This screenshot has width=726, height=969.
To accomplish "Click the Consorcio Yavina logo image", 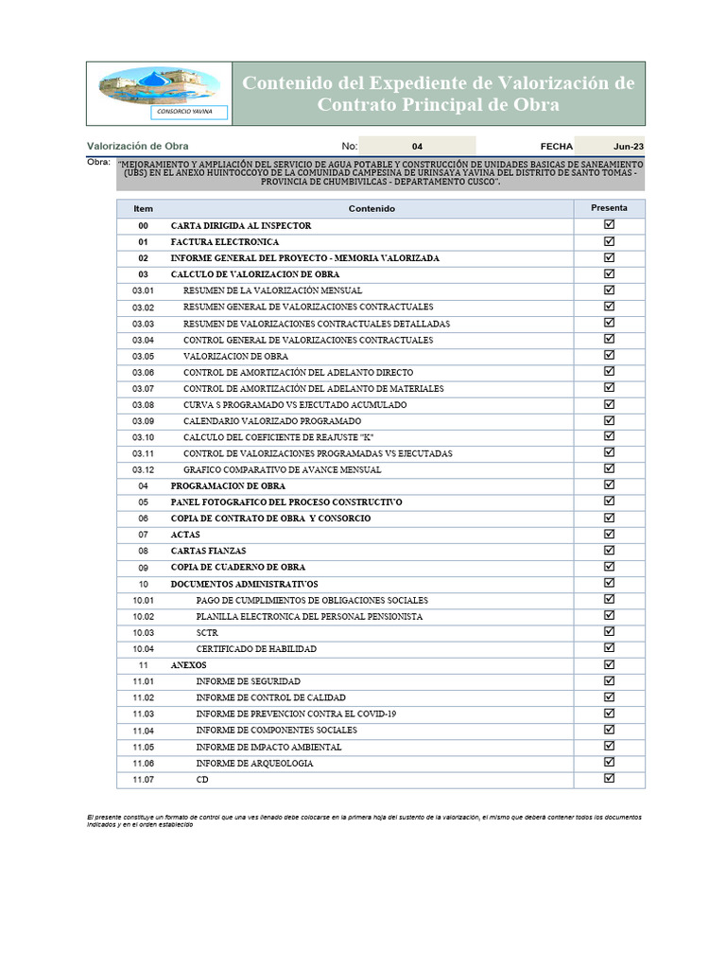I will click(x=159, y=93).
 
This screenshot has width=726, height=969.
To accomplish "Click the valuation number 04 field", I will click(x=418, y=147).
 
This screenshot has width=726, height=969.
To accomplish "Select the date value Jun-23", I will click(x=628, y=147).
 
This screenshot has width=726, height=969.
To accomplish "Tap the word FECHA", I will click(x=556, y=147).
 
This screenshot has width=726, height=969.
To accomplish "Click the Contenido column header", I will click(x=372, y=208).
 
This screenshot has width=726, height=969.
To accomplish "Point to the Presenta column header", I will click(x=609, y=207).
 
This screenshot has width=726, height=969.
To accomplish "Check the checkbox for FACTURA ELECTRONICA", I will click(x=609, y=241).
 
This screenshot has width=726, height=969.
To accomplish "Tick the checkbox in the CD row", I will click(x=609, y=778).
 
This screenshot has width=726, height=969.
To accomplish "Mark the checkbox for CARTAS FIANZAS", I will click(x=609, y=550).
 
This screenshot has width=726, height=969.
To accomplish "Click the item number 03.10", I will click(x=143, y=437).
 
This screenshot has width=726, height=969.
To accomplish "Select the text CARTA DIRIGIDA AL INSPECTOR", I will click(x=240, y=226).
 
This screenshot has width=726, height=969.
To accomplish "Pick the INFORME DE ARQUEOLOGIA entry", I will click(x=254, y=763).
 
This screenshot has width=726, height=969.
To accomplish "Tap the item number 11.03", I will click(x=143, y=714).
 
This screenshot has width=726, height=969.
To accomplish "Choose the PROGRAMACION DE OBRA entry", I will click(x=228, y=485).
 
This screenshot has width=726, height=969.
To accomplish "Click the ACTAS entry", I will click(x=185, y=535).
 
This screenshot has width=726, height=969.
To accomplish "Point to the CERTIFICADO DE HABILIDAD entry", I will click(x=256, y=649).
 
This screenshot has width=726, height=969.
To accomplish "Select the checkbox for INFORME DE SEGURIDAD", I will click(x=609, y=680).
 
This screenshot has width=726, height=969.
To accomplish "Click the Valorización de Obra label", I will click(x=137, y=147).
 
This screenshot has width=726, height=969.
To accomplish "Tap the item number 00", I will click(x=143, y=226).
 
